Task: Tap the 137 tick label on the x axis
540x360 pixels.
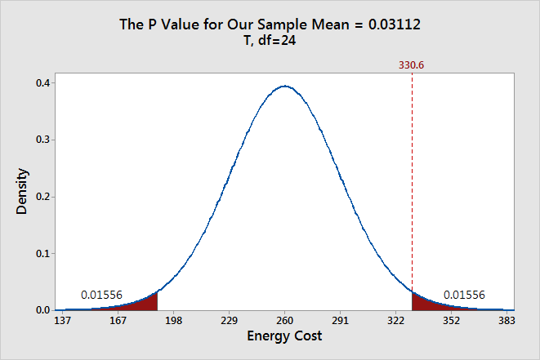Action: click(x=62, y=321)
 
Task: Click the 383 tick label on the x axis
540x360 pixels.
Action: click(x=507, y=321)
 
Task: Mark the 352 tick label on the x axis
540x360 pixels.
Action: click(x=451, y=321)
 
